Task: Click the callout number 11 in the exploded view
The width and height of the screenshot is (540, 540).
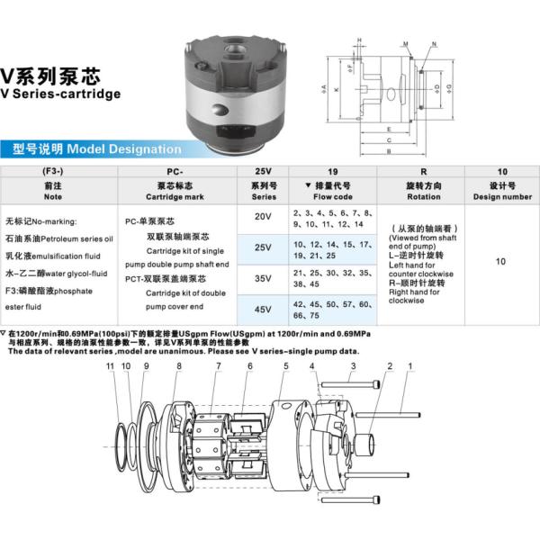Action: tap(110, 366)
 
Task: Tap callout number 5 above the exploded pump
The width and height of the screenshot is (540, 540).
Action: tap(285, 366)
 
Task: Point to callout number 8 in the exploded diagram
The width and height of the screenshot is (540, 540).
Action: tap(179, 366)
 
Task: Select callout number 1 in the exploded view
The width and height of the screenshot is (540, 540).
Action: tap(410, 366)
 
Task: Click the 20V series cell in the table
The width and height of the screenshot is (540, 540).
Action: tap(262, 217)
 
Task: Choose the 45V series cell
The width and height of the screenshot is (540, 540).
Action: tap(262, 310)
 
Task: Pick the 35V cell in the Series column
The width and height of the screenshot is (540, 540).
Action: tap(262, 279)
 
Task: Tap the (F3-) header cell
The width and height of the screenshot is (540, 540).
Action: tap(53, 169)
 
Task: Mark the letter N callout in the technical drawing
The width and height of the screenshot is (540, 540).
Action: tap(423, 44)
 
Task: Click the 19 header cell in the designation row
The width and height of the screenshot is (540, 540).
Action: tap(333, 169)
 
